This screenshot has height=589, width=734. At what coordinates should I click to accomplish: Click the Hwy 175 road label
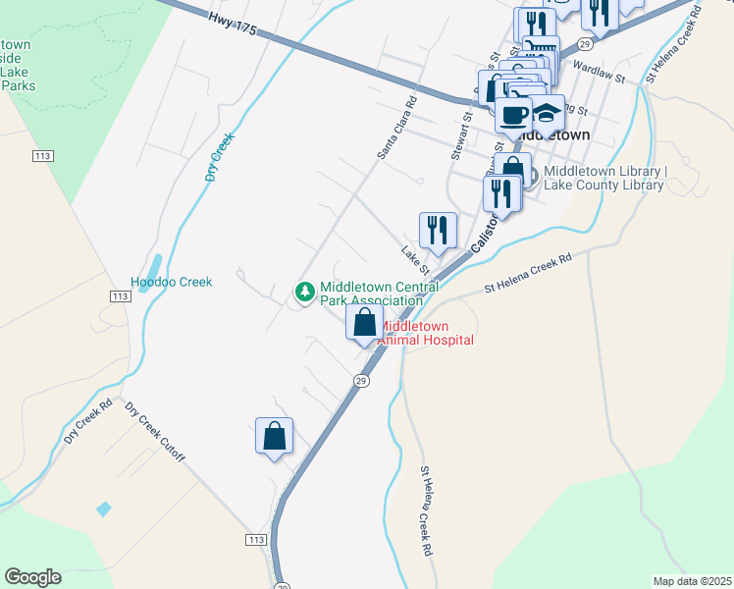coord(233,25)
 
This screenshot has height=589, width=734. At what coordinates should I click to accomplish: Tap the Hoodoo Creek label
coord(172,282)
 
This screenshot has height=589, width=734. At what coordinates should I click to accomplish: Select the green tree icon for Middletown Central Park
coord(305,292)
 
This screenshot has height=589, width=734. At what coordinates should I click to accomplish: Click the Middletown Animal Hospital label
coord(426,333)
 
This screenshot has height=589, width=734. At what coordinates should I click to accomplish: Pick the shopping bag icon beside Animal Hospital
coord(365,322)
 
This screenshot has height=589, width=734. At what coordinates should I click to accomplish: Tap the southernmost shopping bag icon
coord(275,436)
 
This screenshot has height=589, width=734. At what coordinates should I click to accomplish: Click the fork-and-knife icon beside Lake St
coord(439,231)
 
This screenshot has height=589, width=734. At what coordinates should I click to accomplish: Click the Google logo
coord(32,577)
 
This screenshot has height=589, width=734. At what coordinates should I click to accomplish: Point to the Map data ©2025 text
coord(692,581)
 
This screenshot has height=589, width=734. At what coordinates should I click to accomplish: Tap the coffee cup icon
coord(512,114)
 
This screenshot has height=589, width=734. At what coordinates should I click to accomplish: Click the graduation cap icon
coord(549,111)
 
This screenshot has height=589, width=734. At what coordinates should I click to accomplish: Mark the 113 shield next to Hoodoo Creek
coord(121,296)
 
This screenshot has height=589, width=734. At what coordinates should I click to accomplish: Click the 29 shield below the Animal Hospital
coord(361,380)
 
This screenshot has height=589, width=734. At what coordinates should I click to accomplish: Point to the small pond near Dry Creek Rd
coord(104,509)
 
